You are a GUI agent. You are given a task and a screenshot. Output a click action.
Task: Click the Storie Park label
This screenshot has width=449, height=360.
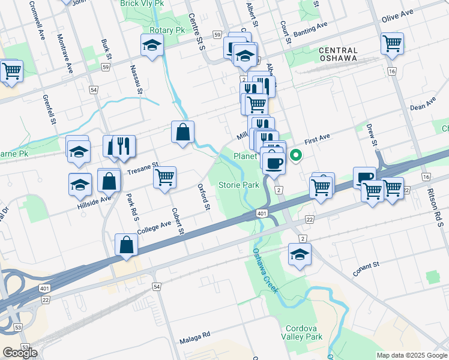[239, 185]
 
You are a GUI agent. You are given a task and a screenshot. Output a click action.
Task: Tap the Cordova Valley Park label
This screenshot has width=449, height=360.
[302, 332]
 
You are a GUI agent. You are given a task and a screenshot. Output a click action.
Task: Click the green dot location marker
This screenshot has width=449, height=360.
[296, 157]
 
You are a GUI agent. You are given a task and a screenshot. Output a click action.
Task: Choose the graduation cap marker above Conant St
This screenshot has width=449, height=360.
[300, 254]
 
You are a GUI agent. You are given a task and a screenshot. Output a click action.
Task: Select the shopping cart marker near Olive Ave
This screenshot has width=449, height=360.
[392, 43]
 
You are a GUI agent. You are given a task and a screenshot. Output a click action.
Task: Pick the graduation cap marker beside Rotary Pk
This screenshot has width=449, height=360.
[152, 44]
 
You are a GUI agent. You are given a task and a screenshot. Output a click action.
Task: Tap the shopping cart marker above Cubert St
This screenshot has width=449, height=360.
[164, 178]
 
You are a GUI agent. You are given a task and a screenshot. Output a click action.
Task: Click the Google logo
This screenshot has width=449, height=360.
[20, 353]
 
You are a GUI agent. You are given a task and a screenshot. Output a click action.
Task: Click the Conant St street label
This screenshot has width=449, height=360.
[366, 268]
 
